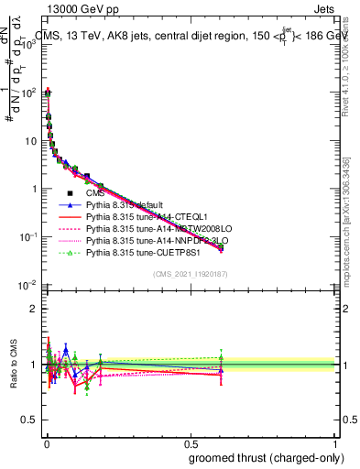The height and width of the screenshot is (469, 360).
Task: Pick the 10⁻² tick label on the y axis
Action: click(29, 285)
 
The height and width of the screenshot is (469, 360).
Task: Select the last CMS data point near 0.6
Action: click(220, 247)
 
